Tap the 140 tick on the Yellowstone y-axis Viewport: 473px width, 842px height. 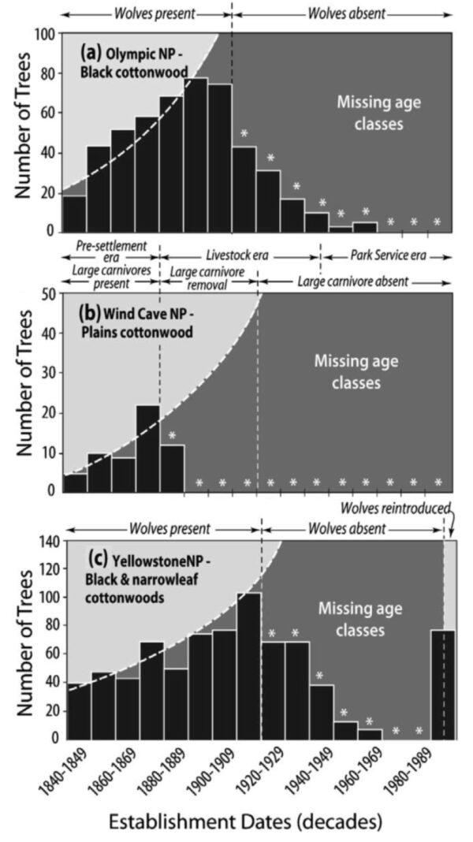click(49, 542)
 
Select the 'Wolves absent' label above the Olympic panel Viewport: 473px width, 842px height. click(344, 13)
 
